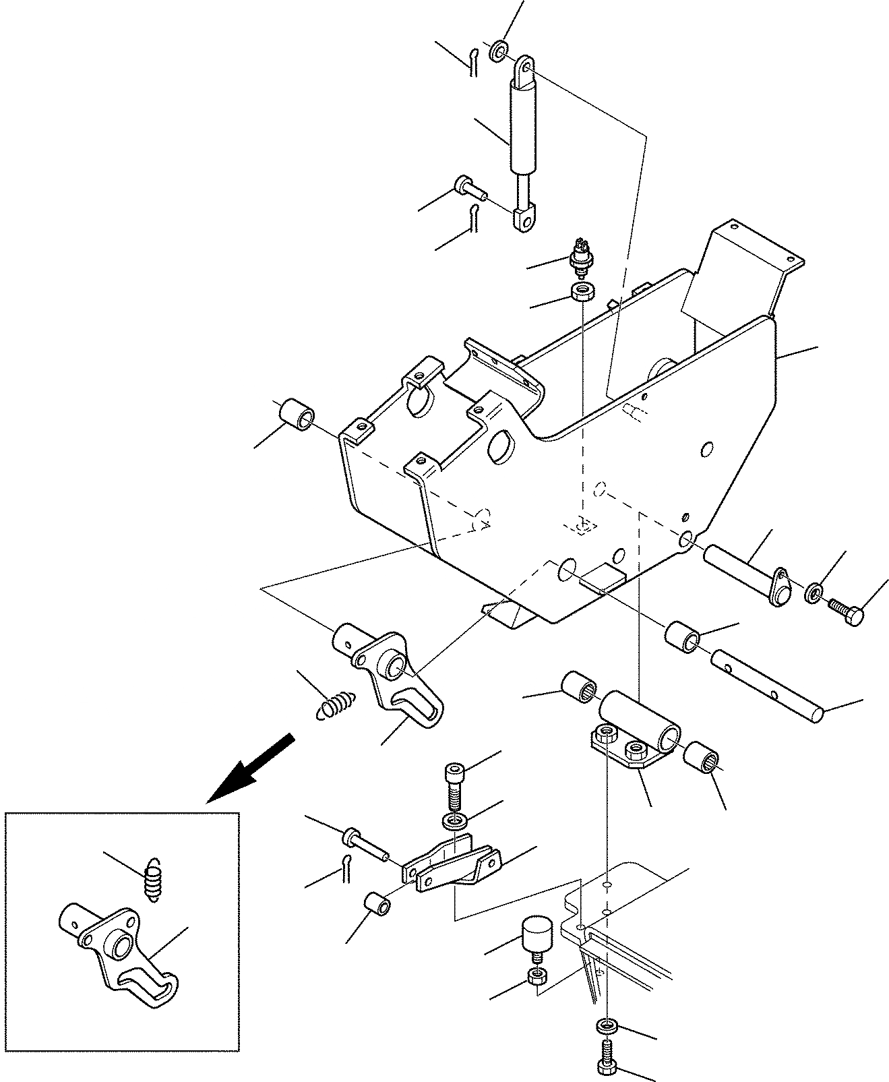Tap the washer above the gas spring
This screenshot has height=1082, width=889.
pos(499,51)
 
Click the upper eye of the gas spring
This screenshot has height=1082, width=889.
pos(524,69)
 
